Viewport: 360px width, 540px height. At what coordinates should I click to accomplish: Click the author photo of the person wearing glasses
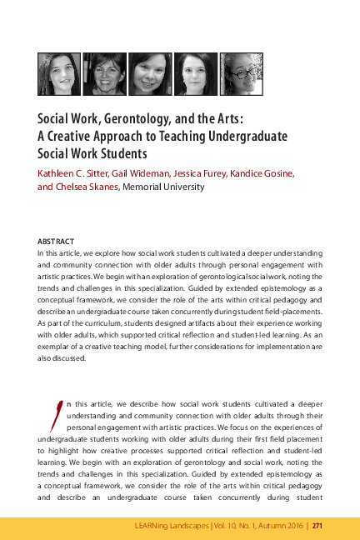tap(241, 73)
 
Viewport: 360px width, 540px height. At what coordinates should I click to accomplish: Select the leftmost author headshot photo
tap(59, 73)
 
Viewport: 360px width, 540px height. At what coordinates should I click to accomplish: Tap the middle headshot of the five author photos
tap(150, 73)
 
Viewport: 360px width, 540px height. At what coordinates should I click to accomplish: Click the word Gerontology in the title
tap(146, 118)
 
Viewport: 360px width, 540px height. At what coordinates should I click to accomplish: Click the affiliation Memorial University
tap(164, 187)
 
